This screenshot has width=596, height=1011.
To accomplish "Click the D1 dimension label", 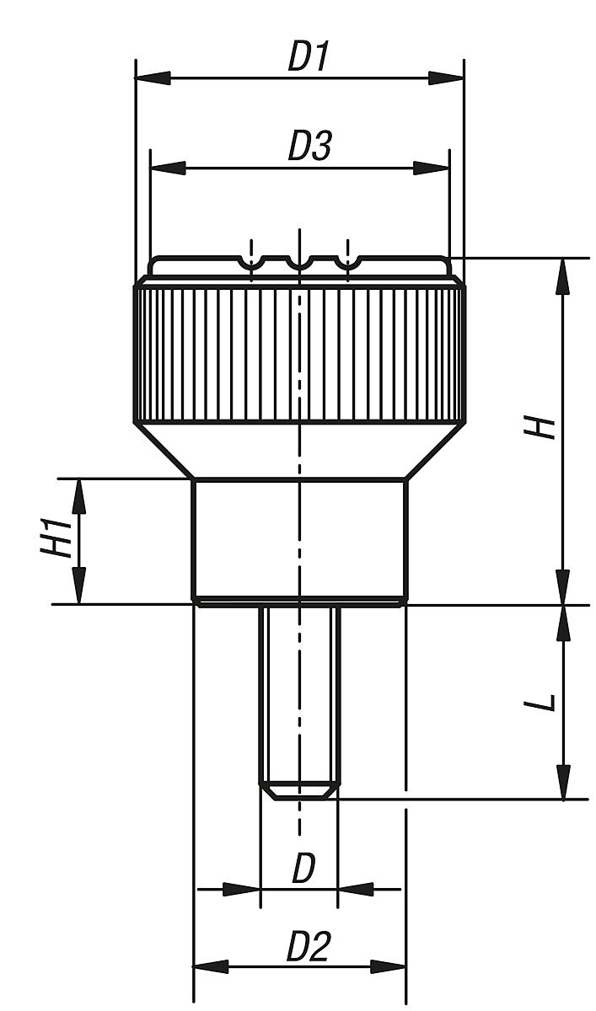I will coord(308,56).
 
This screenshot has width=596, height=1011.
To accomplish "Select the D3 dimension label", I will coord(309,146).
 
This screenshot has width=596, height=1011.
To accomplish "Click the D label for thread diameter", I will coord(303,869).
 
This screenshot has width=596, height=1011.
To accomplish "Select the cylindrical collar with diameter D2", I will coord(299,539).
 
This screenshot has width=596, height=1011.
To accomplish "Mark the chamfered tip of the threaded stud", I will coord(299,792).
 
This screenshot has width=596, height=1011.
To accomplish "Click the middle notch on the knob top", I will coord(299,265).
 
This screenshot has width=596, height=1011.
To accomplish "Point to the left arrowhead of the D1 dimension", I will coord(153,78).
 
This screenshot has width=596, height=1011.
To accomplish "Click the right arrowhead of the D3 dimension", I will coord(431,168).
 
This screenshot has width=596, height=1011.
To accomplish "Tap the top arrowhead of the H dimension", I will coord(562,276).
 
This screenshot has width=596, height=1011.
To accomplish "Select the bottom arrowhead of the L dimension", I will coord(563,782).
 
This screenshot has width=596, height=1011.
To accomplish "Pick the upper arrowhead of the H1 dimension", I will coord(79,496).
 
